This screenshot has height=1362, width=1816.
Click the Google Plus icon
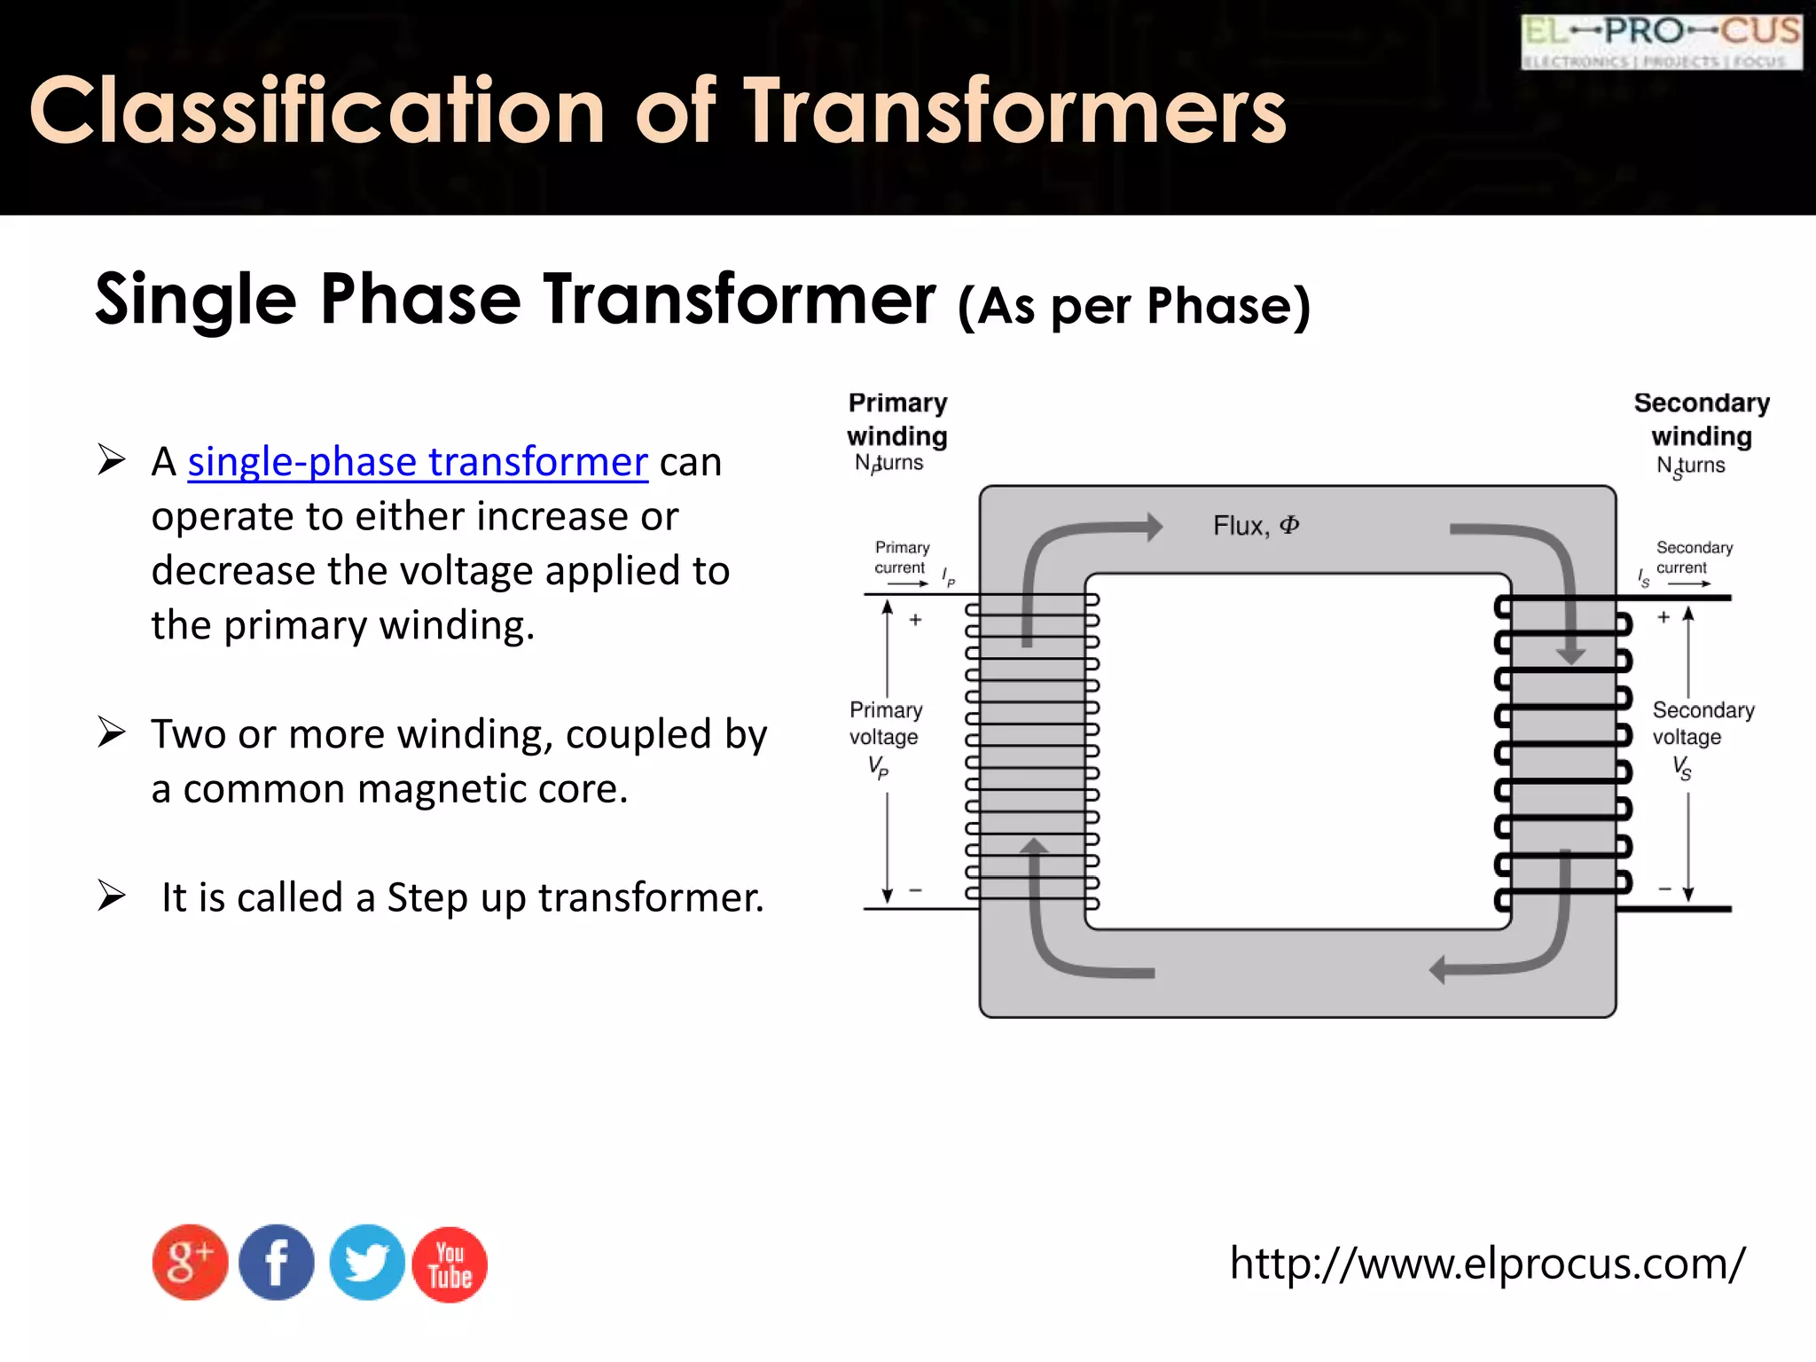coord(190,1263)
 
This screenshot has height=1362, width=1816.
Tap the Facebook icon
coord(277,1263)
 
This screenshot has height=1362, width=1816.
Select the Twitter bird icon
coord(366,1263)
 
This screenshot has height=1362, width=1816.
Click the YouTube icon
coord(450,1264)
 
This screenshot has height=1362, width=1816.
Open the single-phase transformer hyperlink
coord(418,462)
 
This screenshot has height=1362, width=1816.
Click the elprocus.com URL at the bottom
coord(1487,1263)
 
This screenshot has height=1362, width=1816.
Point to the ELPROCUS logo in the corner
coord(1661,41)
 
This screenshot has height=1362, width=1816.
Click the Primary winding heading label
coord(897,419)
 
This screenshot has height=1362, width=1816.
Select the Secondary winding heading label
coord(1702,419)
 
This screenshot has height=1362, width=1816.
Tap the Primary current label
coord(902,558)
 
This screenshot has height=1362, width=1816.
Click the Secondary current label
coord(1694,558)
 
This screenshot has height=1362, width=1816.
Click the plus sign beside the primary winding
coord(916,620)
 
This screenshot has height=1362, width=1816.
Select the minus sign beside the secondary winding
coord(1664,888)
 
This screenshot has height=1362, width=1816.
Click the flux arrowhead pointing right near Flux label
coord(1154,527)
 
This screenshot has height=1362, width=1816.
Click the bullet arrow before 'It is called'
coord(113,896)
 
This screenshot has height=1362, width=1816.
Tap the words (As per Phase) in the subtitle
coord(1133,306)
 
